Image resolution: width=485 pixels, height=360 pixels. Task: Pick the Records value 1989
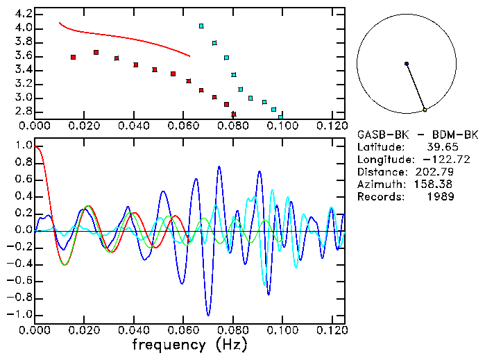tap(440, 197)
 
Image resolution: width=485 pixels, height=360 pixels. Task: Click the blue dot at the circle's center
tap(407, 64)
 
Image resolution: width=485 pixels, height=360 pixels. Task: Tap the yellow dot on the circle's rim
tap(425, 110)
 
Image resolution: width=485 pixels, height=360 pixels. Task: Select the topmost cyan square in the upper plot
tap(201, 26)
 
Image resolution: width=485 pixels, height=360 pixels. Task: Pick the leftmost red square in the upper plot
tap(74, 57)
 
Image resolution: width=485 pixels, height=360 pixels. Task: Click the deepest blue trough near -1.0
tap(207, 316)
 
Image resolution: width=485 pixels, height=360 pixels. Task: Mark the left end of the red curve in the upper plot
tap(60, 23)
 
